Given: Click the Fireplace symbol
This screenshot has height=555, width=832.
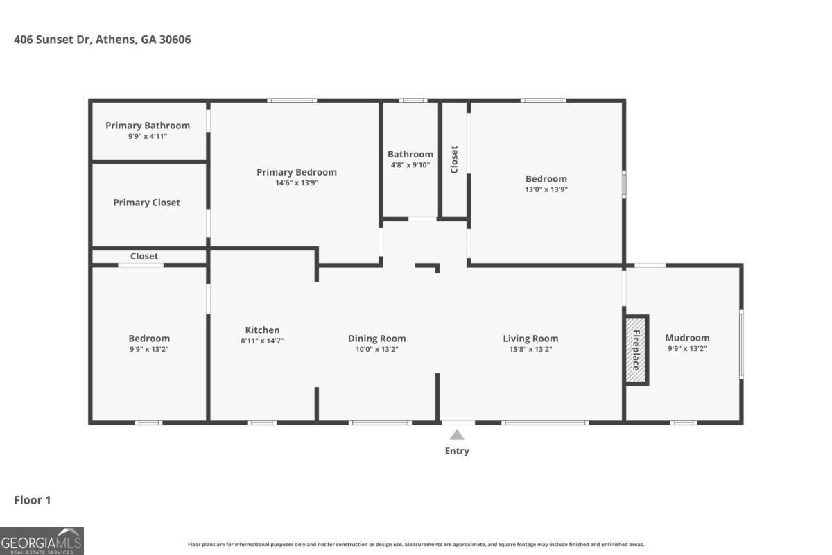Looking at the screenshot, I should (x=636, y=350).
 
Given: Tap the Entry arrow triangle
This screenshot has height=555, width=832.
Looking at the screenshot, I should (x=457, y=435).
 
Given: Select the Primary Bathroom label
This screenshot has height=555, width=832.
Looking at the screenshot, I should (x=148, y=126).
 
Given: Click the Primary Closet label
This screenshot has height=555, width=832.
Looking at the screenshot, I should (x=146, y=203).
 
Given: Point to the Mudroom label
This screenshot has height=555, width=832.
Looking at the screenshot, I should (x=687, y=338).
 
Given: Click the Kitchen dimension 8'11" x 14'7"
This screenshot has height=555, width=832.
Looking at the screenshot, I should (x=262, y=341).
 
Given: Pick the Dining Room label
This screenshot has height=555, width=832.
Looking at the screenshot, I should (x=376, y=339).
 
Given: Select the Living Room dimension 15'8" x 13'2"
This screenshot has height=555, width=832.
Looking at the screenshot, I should (x=530, y=349).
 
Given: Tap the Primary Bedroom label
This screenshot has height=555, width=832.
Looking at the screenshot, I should (x=296, y=172).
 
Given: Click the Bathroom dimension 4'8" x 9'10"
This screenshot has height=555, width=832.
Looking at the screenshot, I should (x=410, y=165).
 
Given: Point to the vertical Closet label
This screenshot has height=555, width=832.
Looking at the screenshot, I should (x=454, y=159).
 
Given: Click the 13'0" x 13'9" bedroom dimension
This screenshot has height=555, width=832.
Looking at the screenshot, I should (x=546, y=189).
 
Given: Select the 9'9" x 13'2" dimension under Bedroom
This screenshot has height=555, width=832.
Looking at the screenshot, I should (x=149, y=349).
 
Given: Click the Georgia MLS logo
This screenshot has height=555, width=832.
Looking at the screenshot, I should (x=42, y=540).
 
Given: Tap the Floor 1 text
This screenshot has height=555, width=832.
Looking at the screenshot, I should (x=33, y=500).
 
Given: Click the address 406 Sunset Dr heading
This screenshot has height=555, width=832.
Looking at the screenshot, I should (x=103, y=40).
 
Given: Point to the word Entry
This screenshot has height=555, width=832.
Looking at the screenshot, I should (x=457, y=451).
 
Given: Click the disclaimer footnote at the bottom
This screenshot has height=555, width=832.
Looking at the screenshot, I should (x=415, y=545).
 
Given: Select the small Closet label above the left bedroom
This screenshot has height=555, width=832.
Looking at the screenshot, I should (x=144, y=256).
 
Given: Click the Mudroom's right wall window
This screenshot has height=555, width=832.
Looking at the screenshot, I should (x=740, y=345).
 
